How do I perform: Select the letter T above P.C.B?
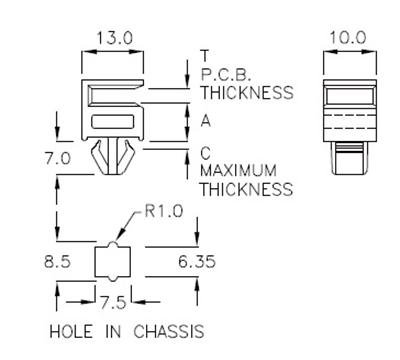click(x=204, y=55)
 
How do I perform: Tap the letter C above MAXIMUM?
click(x=205, y=153)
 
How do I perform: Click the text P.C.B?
click(x=223, y=74)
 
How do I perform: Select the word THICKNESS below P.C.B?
click(x=246, y=92)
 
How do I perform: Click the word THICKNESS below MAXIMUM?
click(x=246, y=188)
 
